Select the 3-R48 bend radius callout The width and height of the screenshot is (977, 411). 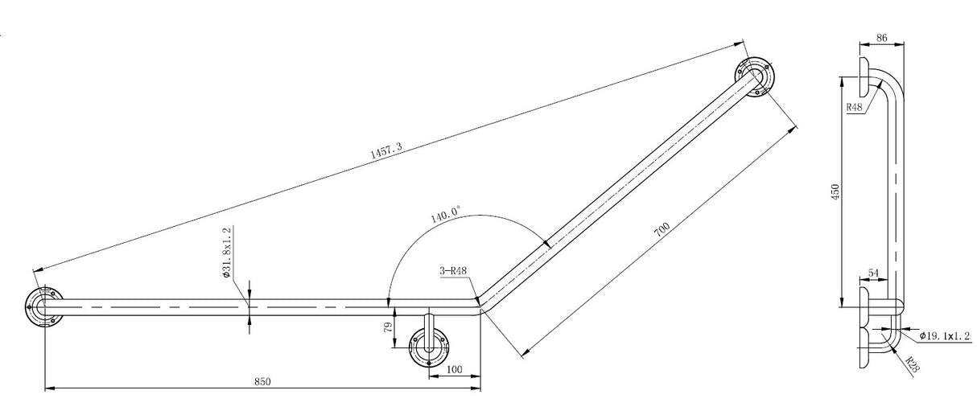[x=452, y=272]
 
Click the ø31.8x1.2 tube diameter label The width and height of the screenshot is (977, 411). [x=228, y=252]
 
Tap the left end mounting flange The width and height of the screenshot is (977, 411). [x=42, y=306]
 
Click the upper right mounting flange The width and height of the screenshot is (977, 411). [x=754, y=78]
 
